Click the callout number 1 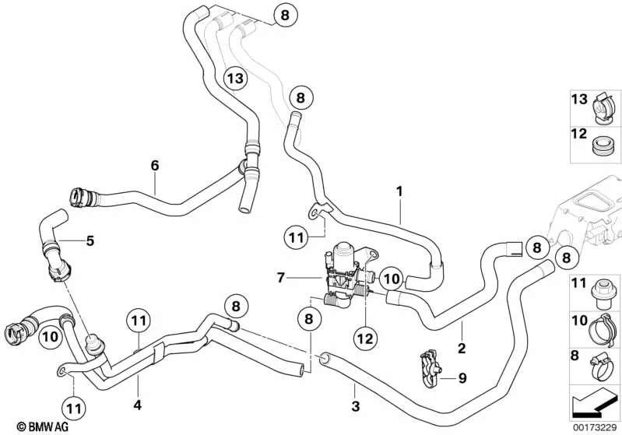pyautogui.click(x=399, y=190)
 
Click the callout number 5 pyautogui.click(x=90, y=240)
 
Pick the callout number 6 pyautogui.click(x=154, y=165)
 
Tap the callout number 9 pyautogui.click(x=462, y=379)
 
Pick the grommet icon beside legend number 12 pyautogui.click(x=599, y=146)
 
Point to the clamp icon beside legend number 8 pyautogui.click(x=600, y=363)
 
